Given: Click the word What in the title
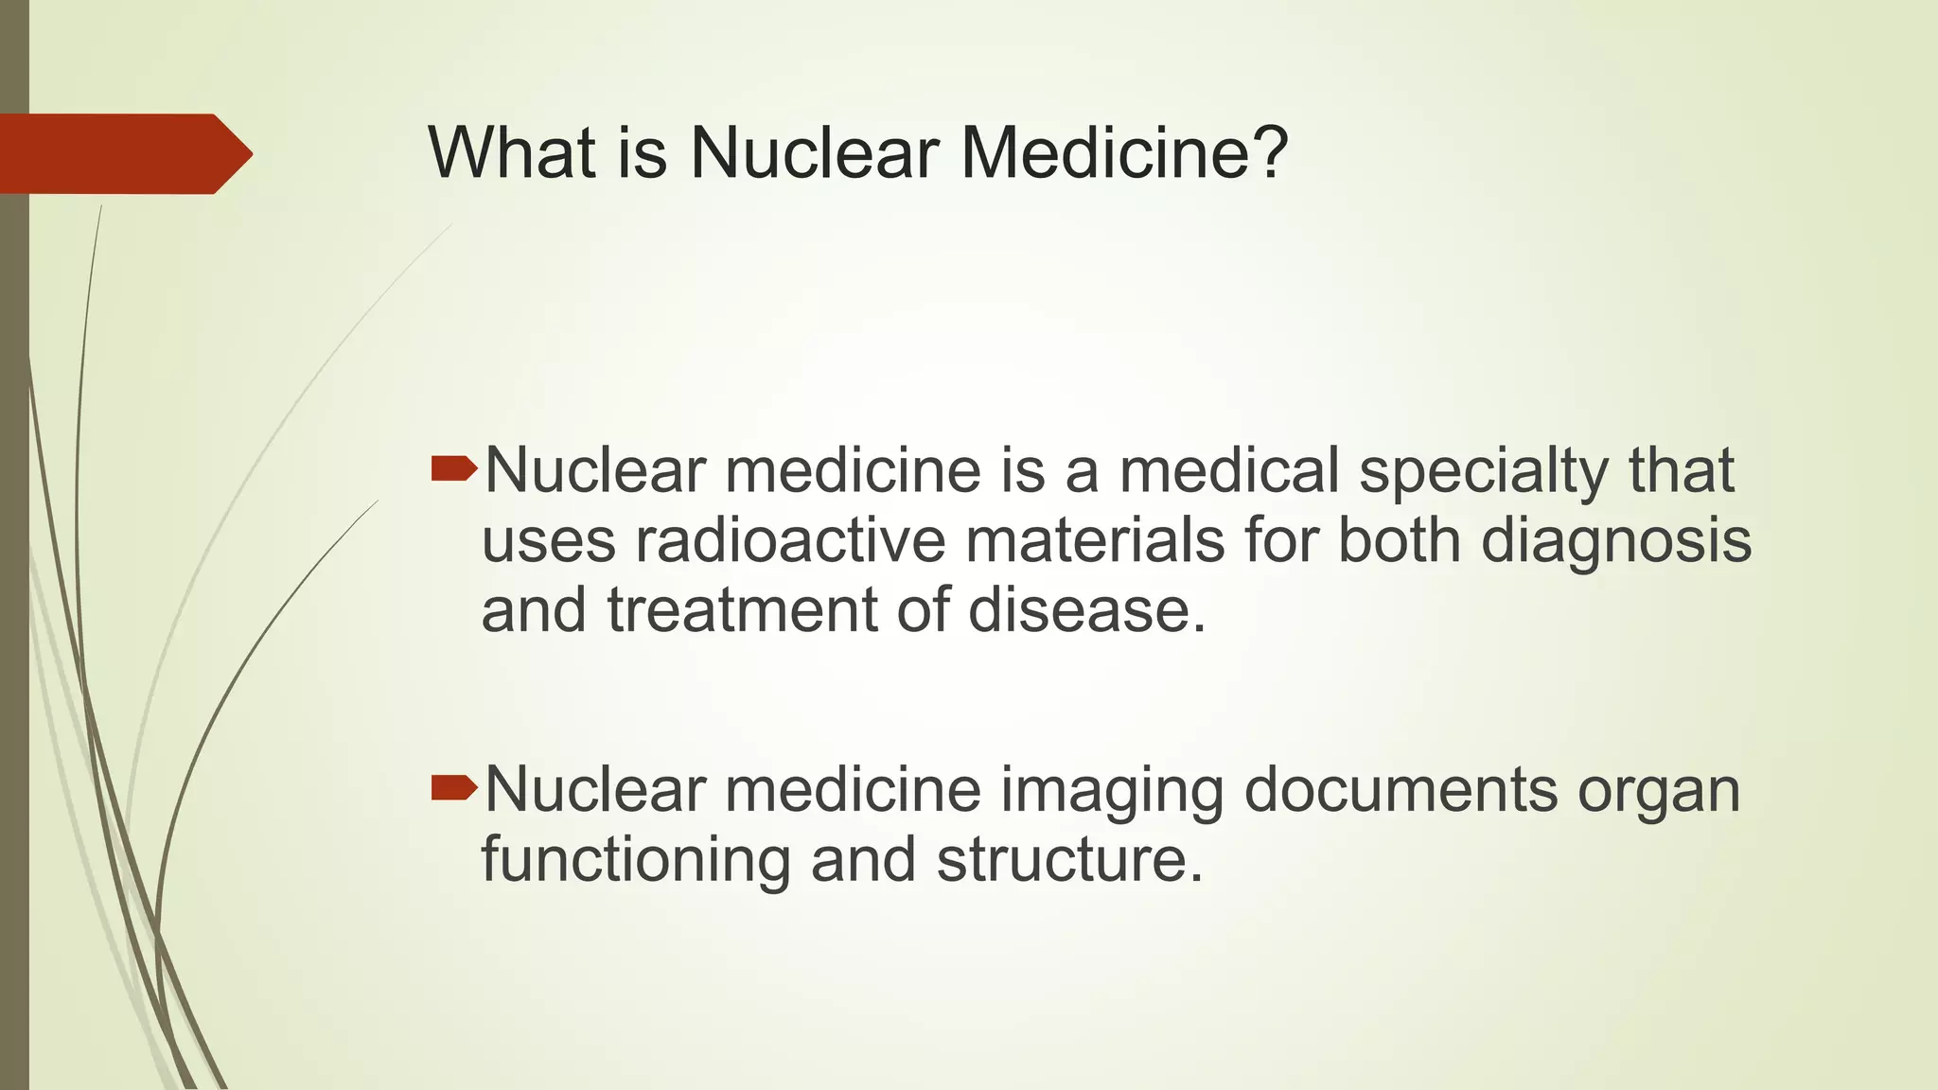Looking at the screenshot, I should pyautogui.click(x=512, y=152).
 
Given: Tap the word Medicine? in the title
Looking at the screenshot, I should pyautogui.click(x=1125, y=152).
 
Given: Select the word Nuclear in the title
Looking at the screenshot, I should pyautogui.click(x=816, y=152).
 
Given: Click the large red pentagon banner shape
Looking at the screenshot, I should pyautogui.click(x=123, y=153).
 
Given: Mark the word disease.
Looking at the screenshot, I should pyautogui.click(x=1087, y=610).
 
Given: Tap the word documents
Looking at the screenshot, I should pyautogui.click(x=1401, y=790).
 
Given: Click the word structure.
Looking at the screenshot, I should pyautogui.click(x=1069, y=860).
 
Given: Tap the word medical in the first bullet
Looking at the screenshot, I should pyautogui.click(x=1229, y=470).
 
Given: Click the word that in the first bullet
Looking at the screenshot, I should pyautogui.click(x=1682, y=470).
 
